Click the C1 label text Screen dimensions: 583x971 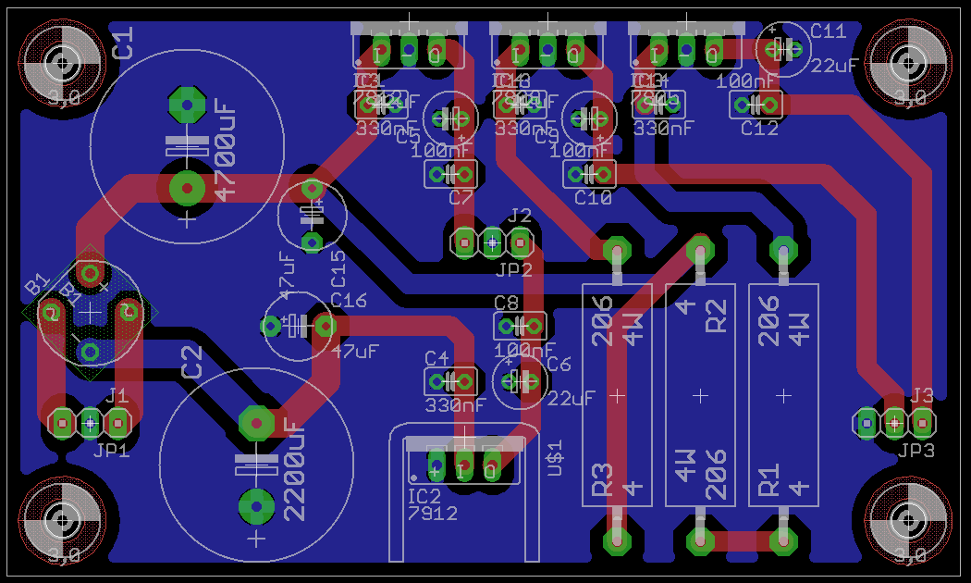coord(123,43)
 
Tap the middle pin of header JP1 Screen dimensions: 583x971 coord(90,423)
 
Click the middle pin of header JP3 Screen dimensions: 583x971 coord(894,423)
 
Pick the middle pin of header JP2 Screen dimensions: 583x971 coord(492,243)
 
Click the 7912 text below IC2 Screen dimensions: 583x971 coord(432,512)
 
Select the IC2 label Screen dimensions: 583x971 coord(424,497)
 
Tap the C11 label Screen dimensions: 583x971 coord(828,31)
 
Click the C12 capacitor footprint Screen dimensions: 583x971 coord(756,105)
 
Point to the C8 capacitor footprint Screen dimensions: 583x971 coord(520,326)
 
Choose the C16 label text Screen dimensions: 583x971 coord(349,300)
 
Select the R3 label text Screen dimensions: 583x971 coord(603,478)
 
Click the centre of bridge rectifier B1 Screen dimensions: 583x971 coord(90,313)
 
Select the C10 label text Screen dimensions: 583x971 coord(593,197)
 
